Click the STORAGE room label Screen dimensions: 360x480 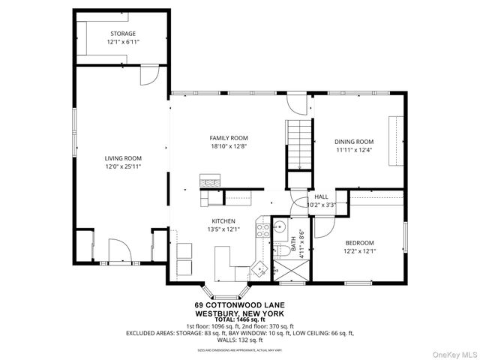pos(122,34)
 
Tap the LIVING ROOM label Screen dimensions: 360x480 pos(122,157)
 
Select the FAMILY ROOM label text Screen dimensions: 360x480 pos(228,138)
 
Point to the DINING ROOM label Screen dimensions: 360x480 pos(353,142)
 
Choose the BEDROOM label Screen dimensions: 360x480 pos(360,242)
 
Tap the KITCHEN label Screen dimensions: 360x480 pos(223,221)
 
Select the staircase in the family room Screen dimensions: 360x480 pos(298,144)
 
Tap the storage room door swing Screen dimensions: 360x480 pos(149,74)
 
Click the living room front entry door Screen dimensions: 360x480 pos(119,250)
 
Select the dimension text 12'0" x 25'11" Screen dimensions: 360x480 pos(122,166)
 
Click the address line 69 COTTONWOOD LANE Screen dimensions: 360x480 pos(239,304)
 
